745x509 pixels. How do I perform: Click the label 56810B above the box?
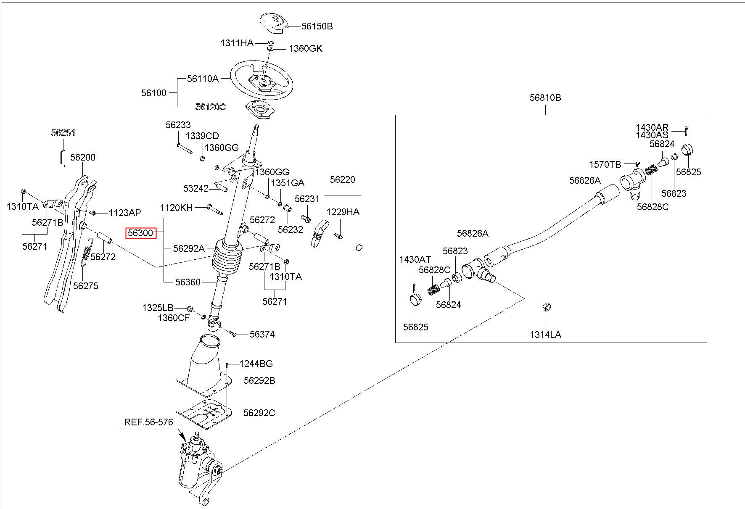pos(545,98)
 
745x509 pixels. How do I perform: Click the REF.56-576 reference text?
pos(149,422)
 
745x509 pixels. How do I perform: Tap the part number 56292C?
pos(259,413)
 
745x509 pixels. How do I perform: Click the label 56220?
pos(342,180)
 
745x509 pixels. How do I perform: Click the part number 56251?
pos(63,133)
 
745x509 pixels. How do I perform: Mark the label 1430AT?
pos(415,260)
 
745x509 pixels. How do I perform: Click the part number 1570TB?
pos(605,164)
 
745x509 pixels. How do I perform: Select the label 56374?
pos(262,334)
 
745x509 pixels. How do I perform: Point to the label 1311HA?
pos(237,43)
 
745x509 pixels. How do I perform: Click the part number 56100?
pos(154,93)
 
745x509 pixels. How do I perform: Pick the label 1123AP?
pos(125,213)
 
